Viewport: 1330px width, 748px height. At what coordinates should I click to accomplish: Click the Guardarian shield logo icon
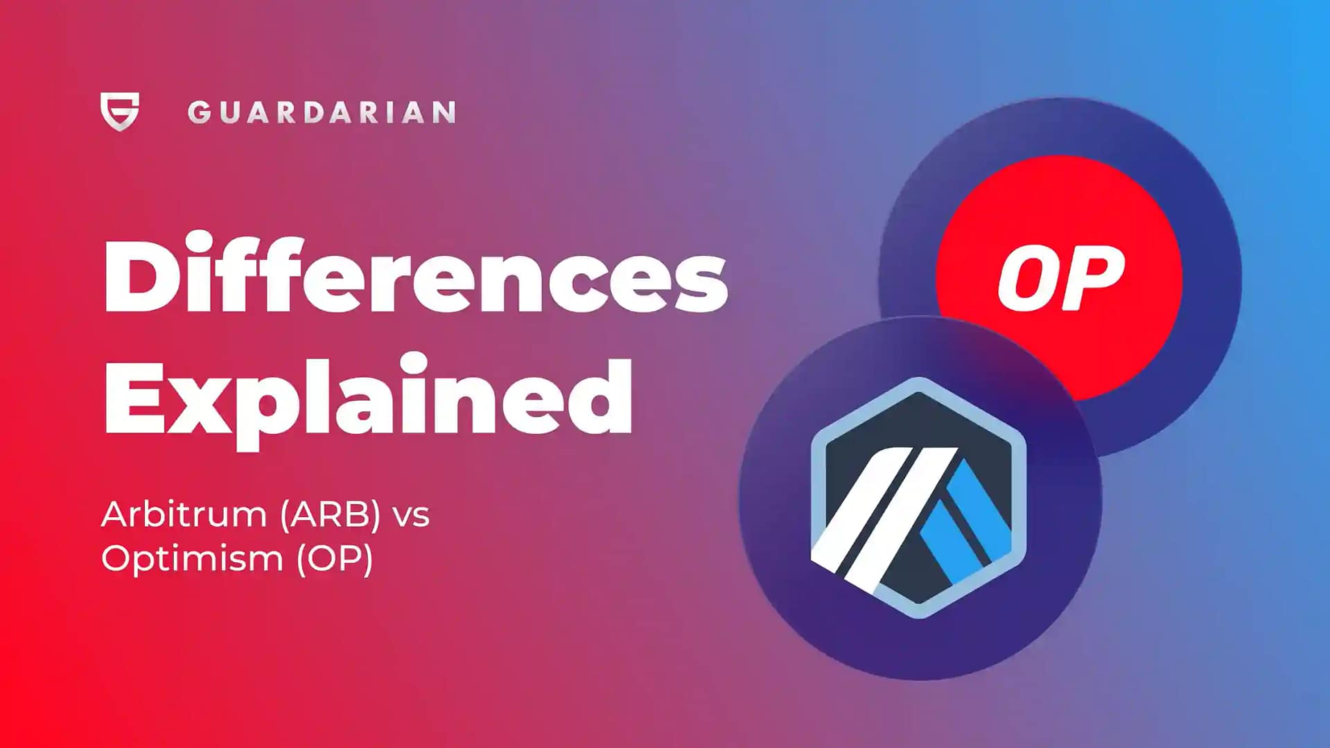[x=119, y=111]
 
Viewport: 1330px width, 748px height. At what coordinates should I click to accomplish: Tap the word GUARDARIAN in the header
[x=321, y=112]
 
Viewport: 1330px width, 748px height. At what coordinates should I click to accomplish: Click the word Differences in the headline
[x=414, y=275]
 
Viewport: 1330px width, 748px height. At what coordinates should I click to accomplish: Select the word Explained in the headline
[x=367, y=397]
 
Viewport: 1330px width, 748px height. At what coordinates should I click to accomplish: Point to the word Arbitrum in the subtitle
[x=184, y=515]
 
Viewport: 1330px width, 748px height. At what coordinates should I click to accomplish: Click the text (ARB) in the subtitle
[x=331, y=515]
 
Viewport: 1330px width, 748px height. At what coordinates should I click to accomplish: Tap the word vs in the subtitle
[x=411, y=516]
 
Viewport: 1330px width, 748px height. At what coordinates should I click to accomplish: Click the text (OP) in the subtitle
[x=335, y=559]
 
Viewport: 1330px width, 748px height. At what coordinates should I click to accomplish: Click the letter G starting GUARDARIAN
[x=199, y=112]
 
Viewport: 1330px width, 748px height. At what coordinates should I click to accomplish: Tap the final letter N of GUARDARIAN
[x=444, y=112]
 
